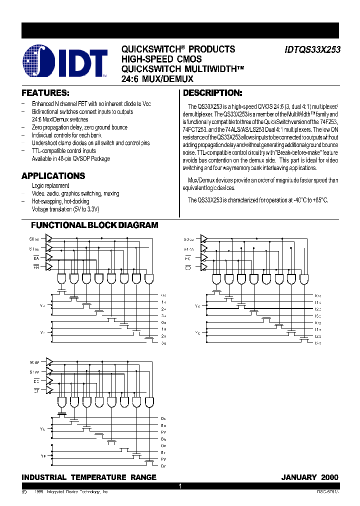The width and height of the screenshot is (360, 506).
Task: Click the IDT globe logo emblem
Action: [39, 62]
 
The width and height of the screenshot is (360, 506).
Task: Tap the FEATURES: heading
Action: [45, 93]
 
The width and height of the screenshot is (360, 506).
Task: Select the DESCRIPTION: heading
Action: [212, 93]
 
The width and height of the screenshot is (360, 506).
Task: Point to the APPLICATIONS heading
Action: [53, 176]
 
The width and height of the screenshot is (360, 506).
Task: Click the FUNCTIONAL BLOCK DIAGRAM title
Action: [95, 225]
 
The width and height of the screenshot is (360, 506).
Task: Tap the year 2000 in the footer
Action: [329, 477]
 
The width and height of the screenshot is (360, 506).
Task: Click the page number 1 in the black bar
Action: [180, 486]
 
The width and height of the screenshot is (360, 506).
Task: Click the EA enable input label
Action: [36, 257]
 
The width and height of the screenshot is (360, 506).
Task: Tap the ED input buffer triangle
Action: [203, 267]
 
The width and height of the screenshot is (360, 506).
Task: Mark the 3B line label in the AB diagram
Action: [163, 343]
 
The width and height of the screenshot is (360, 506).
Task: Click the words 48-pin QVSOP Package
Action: [85, 159]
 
